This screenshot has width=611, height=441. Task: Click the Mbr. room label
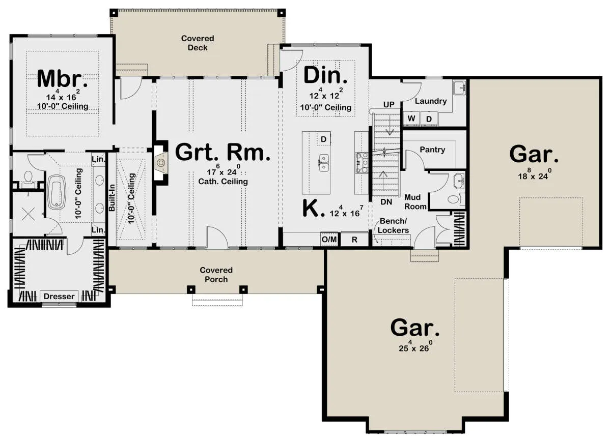[x=63, y=79]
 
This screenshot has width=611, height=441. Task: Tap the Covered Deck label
[x=198, y=43]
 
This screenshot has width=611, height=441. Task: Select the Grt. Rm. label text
[x=223, y=153]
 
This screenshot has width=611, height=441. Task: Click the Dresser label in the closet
[x=59, y=296]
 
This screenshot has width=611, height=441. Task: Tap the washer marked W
[x=411, y=119]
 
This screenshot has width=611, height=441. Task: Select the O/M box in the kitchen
[x=329, y=240]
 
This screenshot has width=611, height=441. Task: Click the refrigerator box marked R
[x=354, y=240]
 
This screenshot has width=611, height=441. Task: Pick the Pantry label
[x=432, y=150]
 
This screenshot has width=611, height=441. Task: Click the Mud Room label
[x=415, y=202]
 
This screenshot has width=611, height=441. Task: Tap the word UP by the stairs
[x=388, y=104]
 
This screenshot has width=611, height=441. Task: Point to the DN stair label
[x=386, y=202]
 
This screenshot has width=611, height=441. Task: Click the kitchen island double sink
[x=324, y=163]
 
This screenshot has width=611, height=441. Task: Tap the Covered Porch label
[x=216, y=275]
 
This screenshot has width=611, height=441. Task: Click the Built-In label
[x=112, y=197]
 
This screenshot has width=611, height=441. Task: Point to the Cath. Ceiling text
[x=223, y=182]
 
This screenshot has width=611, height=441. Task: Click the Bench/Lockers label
[x=393, y=225]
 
